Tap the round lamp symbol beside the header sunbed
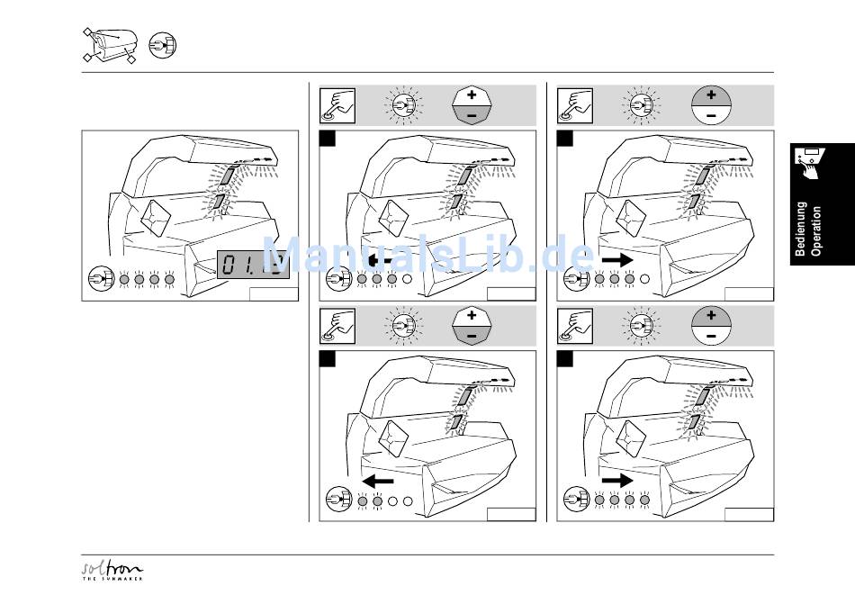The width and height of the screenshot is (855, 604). click(163, 44)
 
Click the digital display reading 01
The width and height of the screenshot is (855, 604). click(254, 264)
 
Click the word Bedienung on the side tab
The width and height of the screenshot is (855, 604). click(801, 229)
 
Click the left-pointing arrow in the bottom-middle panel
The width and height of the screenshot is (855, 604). click(378, 482)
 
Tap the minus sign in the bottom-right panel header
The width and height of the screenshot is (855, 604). click(711, 337)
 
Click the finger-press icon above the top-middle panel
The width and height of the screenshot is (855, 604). click(337, 105)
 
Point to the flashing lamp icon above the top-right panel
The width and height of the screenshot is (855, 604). click(640, 105)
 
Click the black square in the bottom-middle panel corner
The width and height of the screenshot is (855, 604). click(328, 359)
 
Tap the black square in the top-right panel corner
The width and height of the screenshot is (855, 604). click(565, 139)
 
